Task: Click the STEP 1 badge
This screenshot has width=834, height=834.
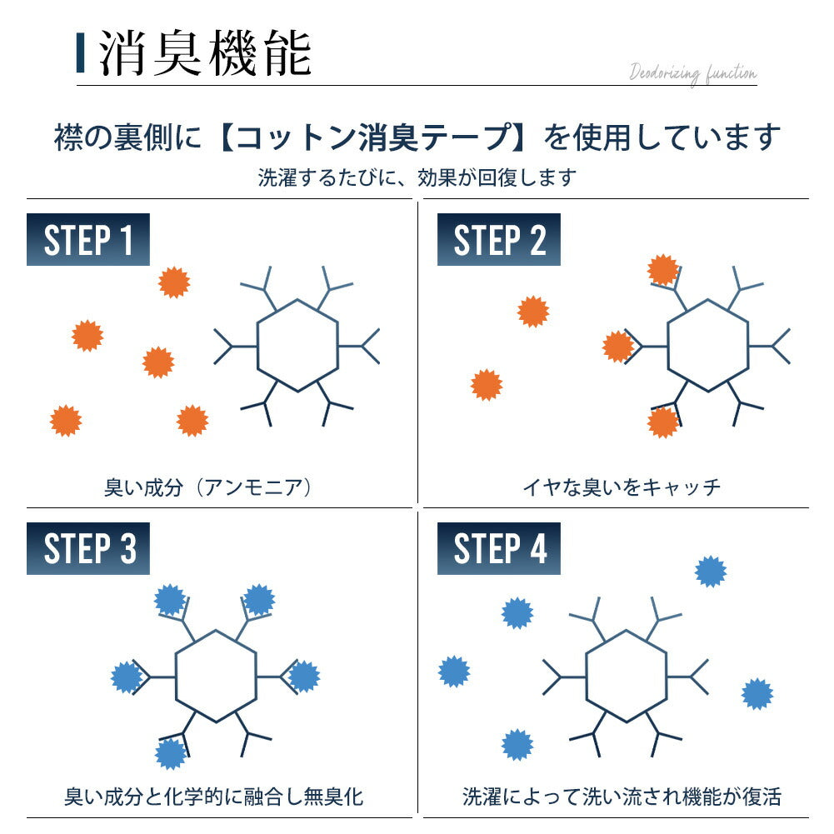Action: [87, 239]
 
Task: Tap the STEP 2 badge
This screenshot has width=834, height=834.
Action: [498, 239]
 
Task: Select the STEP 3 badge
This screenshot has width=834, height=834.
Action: [87, 548]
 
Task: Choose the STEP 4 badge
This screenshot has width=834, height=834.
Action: [498, 548]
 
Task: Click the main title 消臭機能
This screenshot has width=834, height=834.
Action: [205, 53]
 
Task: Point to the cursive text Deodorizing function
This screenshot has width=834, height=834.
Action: [692, 72]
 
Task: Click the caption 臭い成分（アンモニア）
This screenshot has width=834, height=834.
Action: [208, 487]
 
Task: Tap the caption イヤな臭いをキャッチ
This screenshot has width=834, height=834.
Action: [621, 487]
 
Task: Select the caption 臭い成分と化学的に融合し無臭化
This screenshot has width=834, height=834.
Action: [213, 797]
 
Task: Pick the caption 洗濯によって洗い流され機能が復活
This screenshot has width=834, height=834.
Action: [622, 797]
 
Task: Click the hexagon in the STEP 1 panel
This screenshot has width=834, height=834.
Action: [297, 346]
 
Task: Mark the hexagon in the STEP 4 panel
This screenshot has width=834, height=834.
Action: [626, 676]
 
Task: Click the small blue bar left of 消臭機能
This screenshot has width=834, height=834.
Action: [80, 52]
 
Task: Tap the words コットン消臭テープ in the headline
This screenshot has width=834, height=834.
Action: [372, 137]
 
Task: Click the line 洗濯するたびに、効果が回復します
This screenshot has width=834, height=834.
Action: [417, 177]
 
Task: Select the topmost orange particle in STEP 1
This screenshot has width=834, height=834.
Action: [174, 282]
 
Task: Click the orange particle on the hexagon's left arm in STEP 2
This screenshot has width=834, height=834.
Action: [618, 347]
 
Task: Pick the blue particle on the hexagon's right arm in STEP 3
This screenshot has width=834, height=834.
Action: [304, 677]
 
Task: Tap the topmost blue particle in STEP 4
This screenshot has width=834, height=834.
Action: [711, 572]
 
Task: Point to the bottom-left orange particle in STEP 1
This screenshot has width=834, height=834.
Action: [66, 420]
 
